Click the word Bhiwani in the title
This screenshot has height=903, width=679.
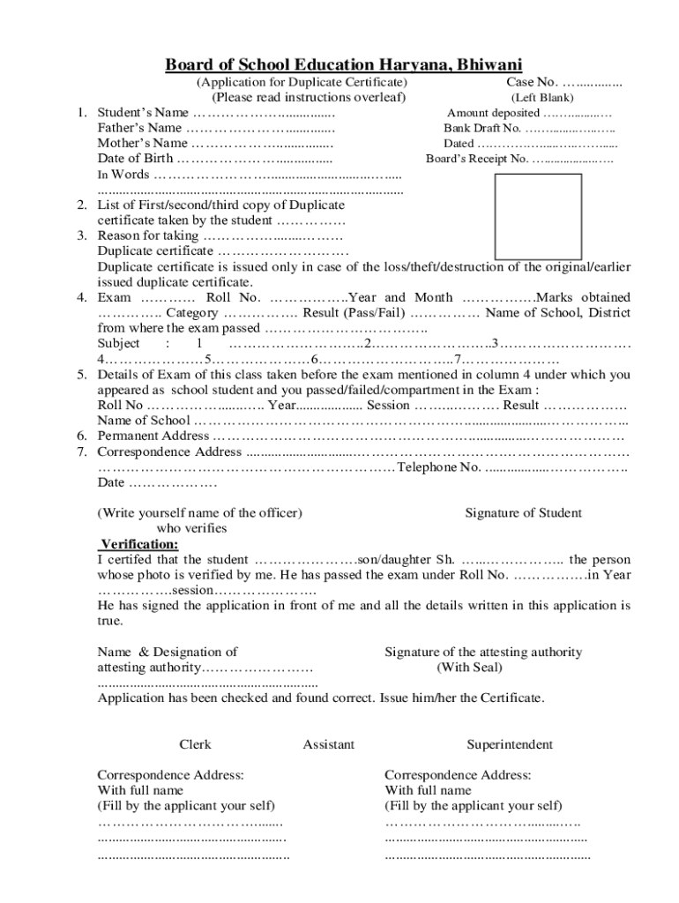[486, 64]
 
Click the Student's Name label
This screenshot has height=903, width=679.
[143, 113]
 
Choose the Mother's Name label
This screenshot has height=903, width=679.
[142, 143]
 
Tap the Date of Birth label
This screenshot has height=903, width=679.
[135, 159]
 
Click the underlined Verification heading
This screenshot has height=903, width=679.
[139, 544]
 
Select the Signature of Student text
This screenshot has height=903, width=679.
[523, 513]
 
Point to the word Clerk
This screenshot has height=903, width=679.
[195, 744]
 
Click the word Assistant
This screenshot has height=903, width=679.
[328, 744]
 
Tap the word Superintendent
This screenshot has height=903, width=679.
[510, 744]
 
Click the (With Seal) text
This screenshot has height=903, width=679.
[470, 668]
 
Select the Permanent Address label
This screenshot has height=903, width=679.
[153, 436]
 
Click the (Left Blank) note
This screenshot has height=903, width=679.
[541, 98]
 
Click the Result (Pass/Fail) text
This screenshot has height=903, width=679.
[354, 312]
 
